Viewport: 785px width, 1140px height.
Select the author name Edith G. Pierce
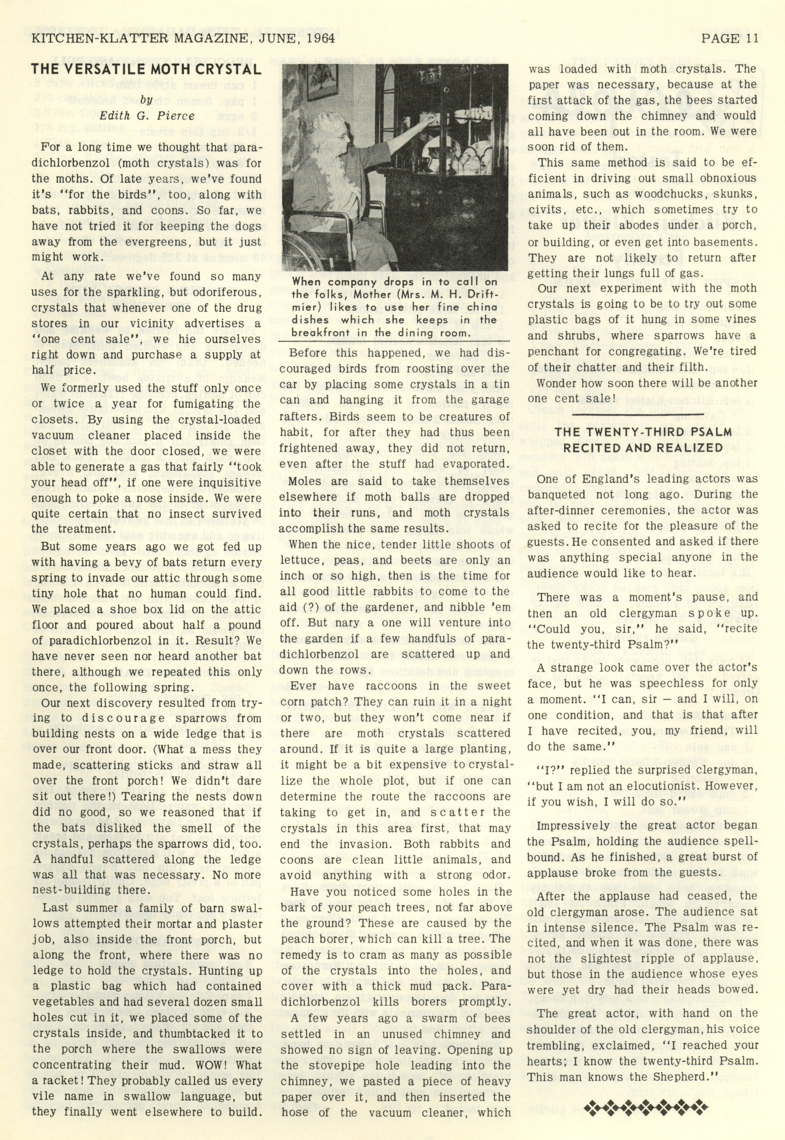pyautogui.click(x=147, y=116)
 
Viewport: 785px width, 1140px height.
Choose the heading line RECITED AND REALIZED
pyautogui.click(x=642, y=448)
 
